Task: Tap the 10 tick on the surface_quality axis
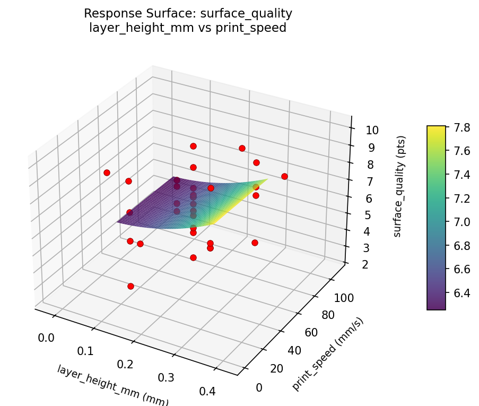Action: pos(364,131)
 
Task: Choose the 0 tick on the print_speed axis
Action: pos(259,387)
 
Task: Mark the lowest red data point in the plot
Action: pos(130,286)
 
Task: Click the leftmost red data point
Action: pos(107,172)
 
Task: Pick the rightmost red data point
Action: pos(284,176)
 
